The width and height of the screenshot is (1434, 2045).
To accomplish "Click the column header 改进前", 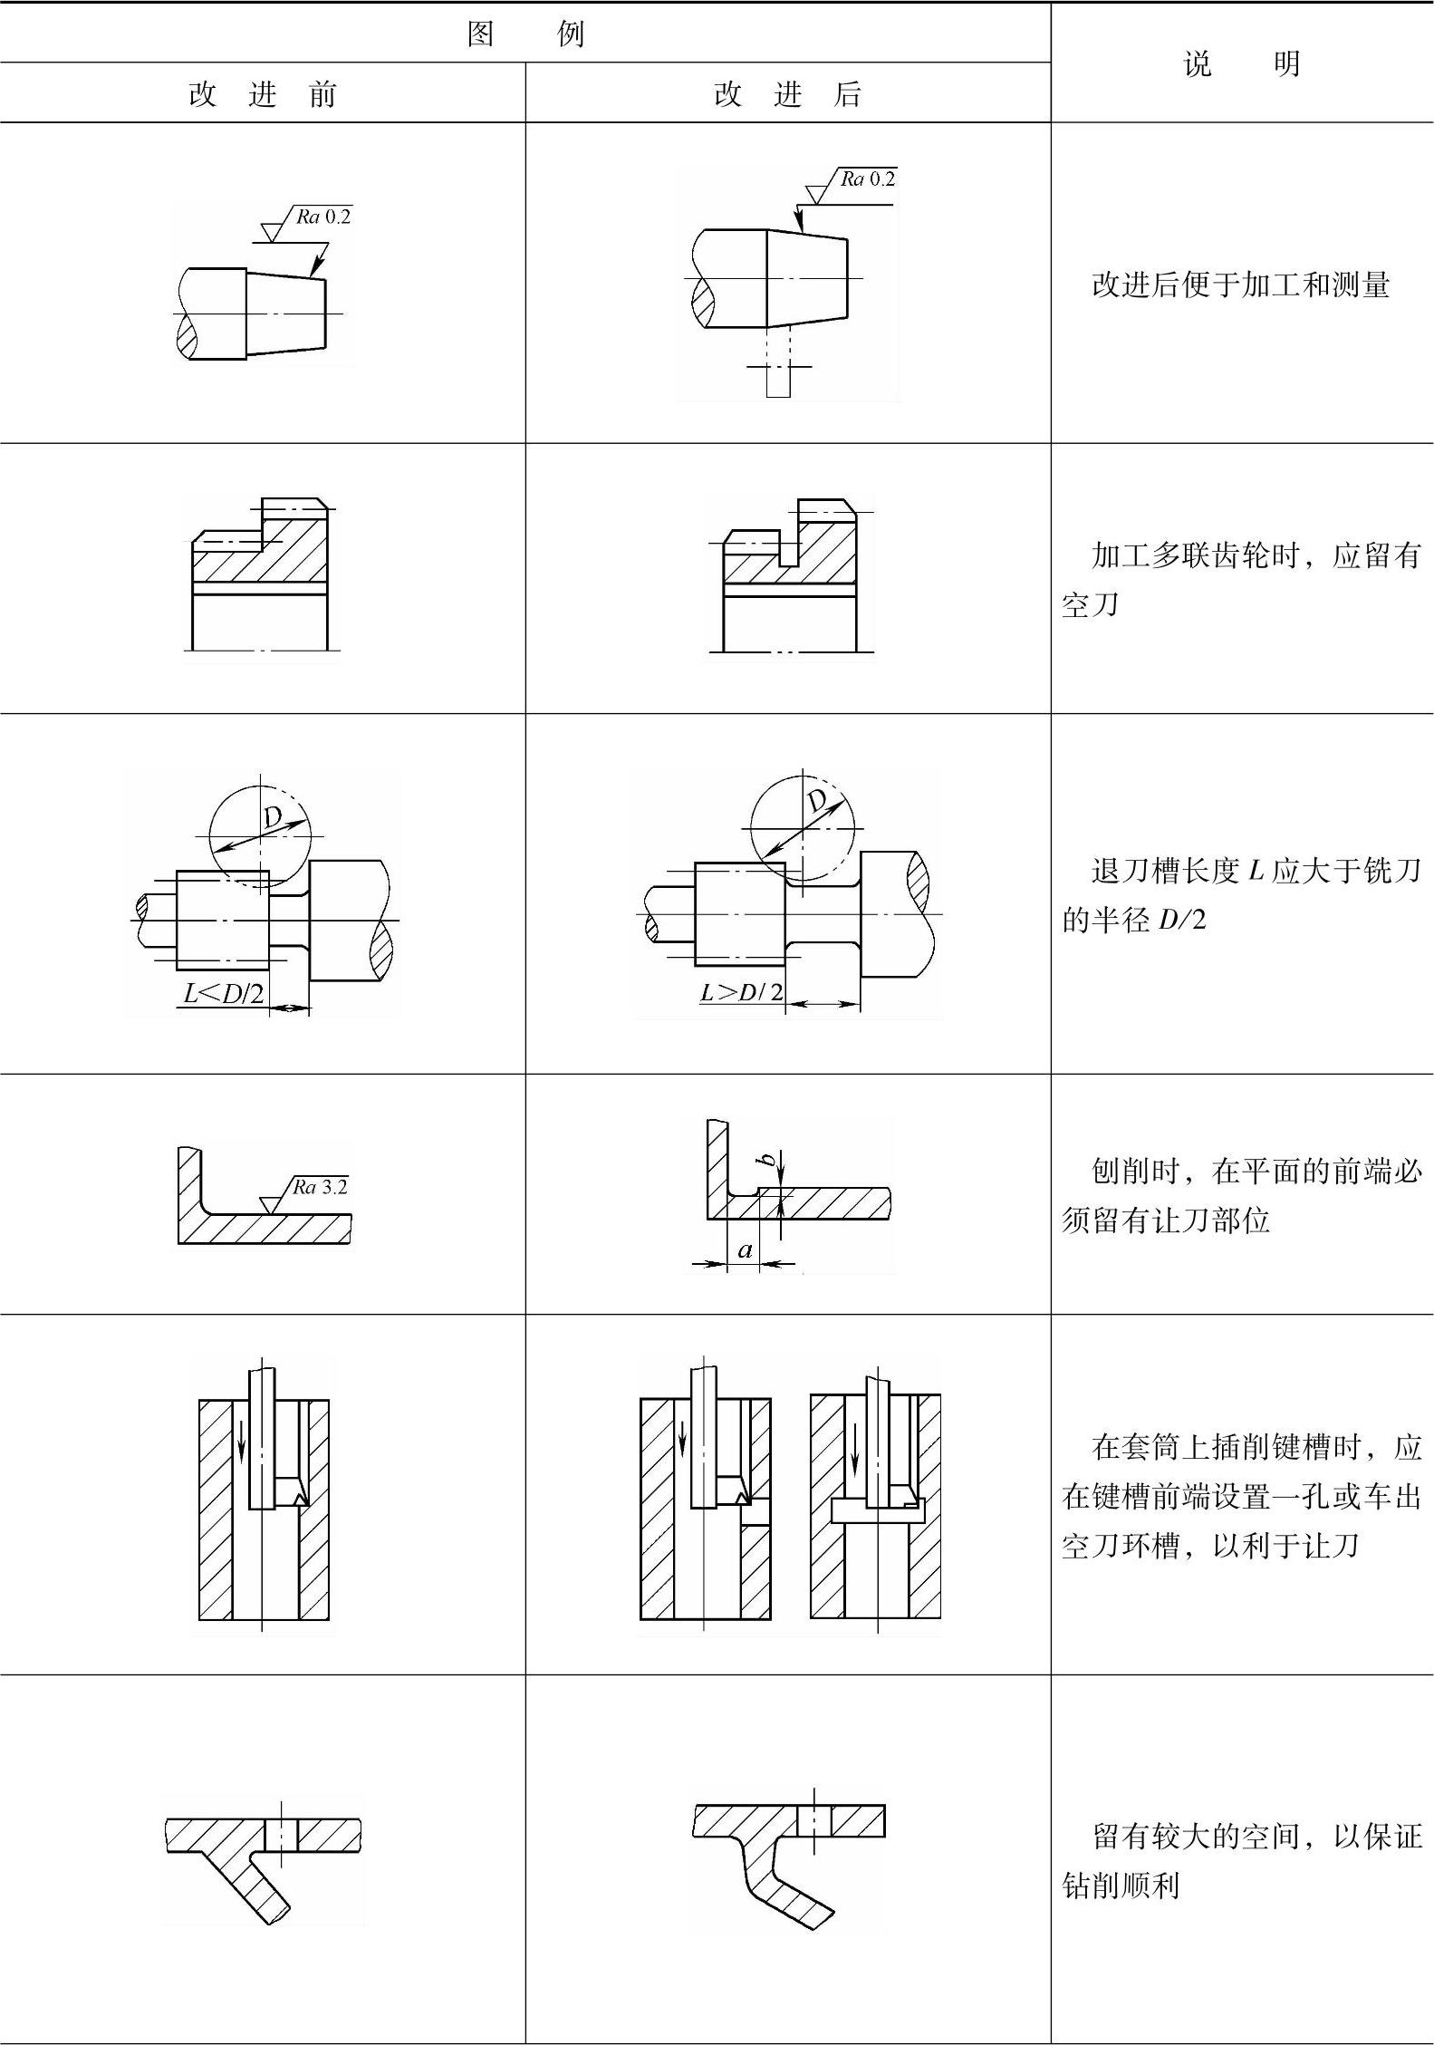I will pyautogui.click(x=262, y=93).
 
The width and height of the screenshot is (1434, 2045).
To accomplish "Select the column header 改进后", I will pyautogui.click(x=787, y=93).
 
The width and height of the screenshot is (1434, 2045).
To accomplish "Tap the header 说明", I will pyautogui.click(x=1241, y=63).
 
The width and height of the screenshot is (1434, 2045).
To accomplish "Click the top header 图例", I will pyautogui.click(x=525, y=34).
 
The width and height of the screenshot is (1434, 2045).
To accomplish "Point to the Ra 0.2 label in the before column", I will pyautogui.click(x=323, y=217).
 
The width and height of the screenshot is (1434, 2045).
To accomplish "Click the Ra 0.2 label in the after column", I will pyautogui.click(x=867, y=179).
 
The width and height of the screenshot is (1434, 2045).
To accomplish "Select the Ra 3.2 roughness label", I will pyautogui.click(x=320, y=1187).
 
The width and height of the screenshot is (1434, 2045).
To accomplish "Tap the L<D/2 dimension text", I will pyautogui.click(x=224, y=994).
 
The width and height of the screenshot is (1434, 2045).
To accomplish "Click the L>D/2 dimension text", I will pyautogui.click(x=742, y=992).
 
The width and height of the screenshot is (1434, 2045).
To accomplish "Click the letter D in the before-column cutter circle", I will pyautogui.click(x=273, y=818).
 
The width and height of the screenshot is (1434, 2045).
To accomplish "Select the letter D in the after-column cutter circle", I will pyautogui.click(x=818, y=801).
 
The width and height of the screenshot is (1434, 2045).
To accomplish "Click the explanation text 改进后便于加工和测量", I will pyautogui.click(x=1240, y=285).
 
